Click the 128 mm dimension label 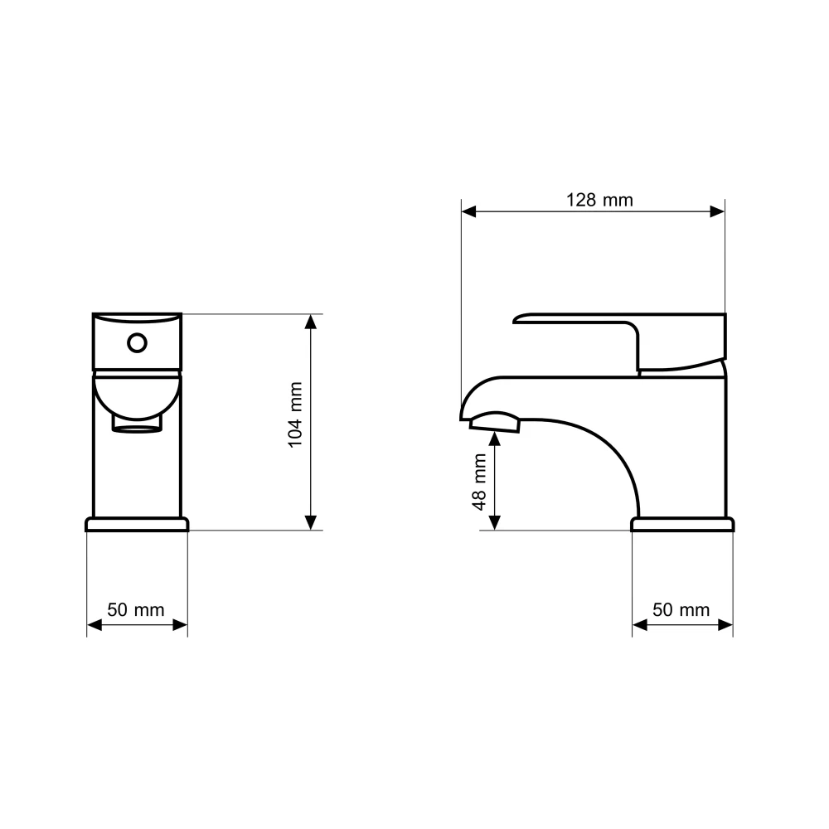[599, 200]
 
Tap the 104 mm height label [295, 415]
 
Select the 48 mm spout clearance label [479, 482]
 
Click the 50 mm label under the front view [136, 609]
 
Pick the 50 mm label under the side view [681, 609]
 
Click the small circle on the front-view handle [137, 343]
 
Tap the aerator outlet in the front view [137, 424]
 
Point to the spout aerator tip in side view [495, 423]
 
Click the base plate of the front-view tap [137, 524]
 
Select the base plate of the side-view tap [682, 524]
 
